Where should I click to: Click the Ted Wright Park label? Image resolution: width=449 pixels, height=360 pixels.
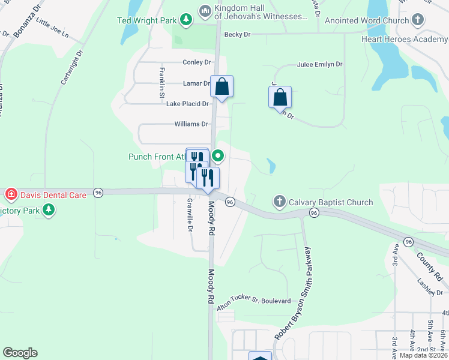pyautogui.click(x=146, y=20)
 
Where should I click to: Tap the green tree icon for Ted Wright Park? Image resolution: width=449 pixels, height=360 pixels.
pyautogui.click(x=186, y=20)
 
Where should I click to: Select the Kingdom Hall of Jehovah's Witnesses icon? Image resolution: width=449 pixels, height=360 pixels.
pyautogui.click(x=205, y=11)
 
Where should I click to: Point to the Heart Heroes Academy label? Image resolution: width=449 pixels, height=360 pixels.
pyautogui.click(x=405, y=39)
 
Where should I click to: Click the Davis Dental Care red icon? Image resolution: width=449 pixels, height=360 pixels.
pyautogui.click(x=11, y=194)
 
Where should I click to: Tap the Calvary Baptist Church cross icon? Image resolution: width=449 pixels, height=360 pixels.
pyautogui.click(x=279, y=202)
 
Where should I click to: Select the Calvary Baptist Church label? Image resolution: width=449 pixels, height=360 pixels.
pyautogui.click(x=331, y=202)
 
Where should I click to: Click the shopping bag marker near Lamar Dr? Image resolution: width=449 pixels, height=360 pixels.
pyautogui.click(x=221, y=87)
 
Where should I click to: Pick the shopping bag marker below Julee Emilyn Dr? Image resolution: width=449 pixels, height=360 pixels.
pyautogui.click(x=280, y=97)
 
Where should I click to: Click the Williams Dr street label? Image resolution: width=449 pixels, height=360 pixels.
pyautogui.click(x=191, y=124)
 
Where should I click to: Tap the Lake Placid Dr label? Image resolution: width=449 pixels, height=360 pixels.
pyautogui.click(x=187, y=104)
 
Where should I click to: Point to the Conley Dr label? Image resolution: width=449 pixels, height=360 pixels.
pyautogui.click(x=197, y=62)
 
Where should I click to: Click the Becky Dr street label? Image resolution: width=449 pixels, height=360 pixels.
pyautogui.click(x=237, y=35)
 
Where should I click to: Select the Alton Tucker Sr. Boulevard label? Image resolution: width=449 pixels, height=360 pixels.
pyautogui.click(x=254, y=304)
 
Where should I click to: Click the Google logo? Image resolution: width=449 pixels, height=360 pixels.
pyautogui.click(x=20, y=353)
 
